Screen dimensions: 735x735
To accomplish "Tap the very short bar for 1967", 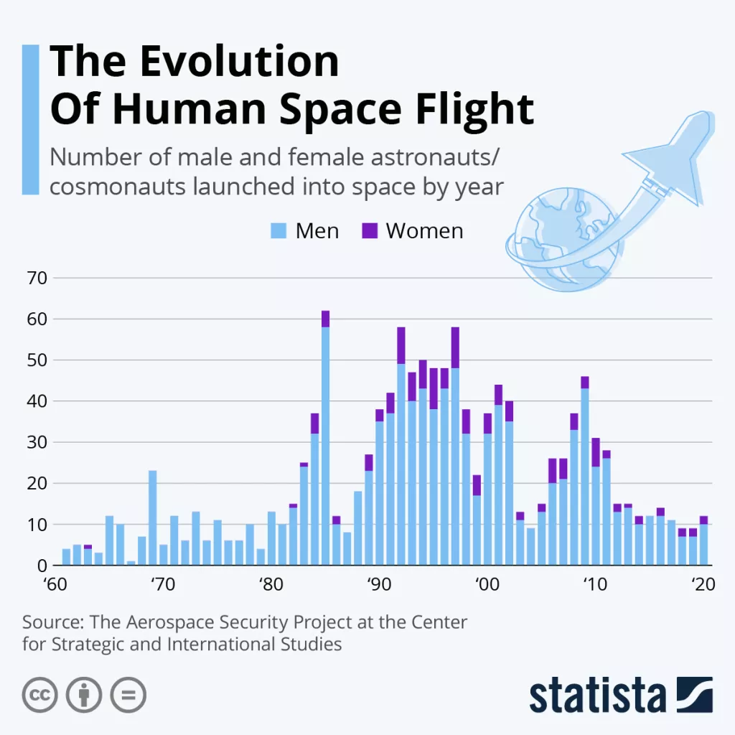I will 131,563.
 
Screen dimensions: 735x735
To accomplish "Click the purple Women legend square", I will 370,230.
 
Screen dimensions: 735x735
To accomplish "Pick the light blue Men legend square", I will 279,230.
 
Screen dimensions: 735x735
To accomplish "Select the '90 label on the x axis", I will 378,584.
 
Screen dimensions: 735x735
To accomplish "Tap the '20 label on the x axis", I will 703,584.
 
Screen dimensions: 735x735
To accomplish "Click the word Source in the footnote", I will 52,622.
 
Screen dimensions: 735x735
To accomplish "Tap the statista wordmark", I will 597,696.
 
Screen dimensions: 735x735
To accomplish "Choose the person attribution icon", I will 84,695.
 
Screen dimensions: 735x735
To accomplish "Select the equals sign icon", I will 128,695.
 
